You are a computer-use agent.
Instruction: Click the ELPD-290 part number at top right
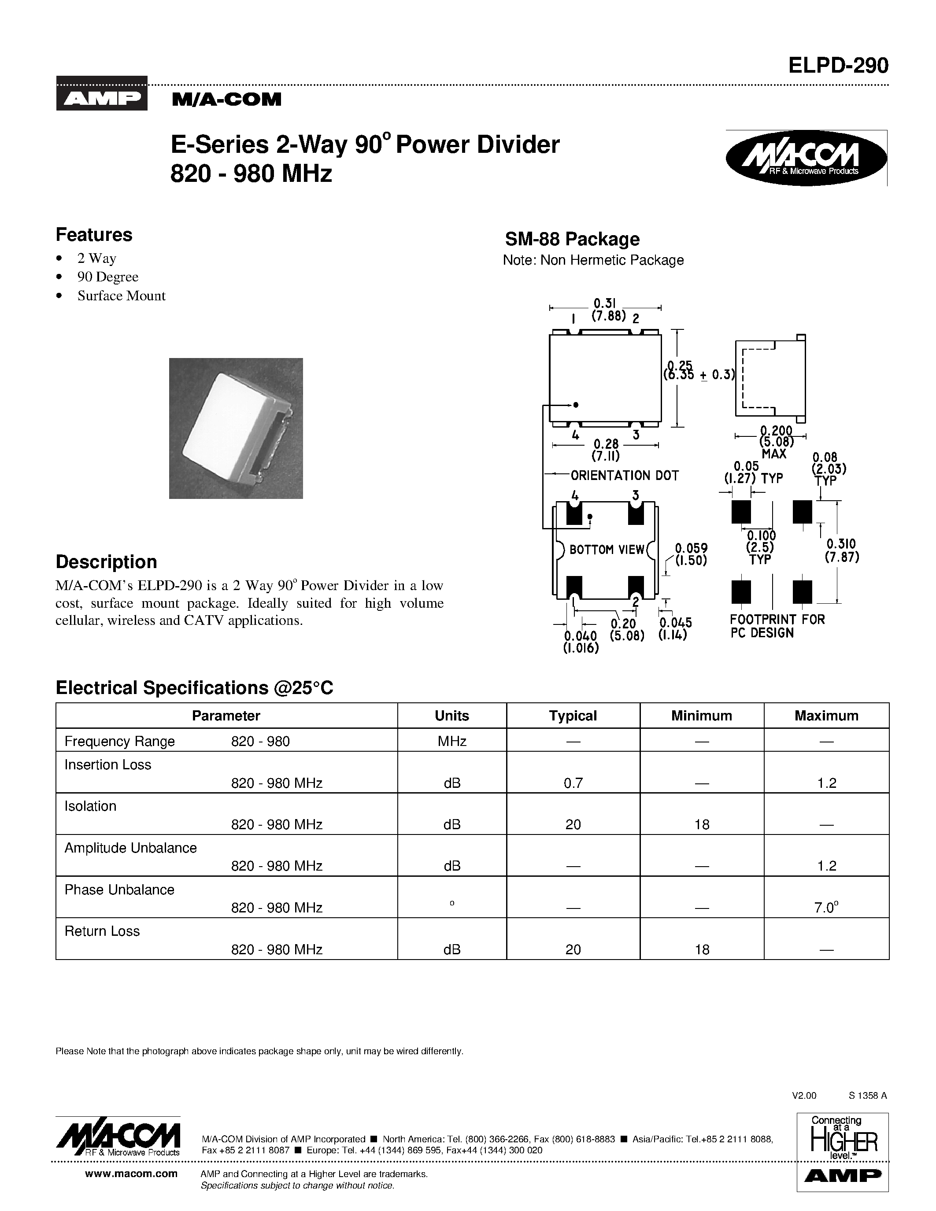[838, 66]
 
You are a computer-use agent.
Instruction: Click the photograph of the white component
[236, 428]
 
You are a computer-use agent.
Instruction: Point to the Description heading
[106, 562]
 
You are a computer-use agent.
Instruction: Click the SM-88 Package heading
[572, 239]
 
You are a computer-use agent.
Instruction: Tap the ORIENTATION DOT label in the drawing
[625, 475]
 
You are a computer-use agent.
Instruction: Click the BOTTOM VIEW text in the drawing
[607, 550]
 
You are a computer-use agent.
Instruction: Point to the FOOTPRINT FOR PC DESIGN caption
[777, 626]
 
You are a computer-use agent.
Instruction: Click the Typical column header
[573, 716]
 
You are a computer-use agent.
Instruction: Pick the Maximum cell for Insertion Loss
[826, 783]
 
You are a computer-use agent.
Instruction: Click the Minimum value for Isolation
[701, 824]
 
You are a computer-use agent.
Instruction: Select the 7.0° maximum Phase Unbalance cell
[826, 908]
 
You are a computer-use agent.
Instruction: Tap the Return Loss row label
[102, 931]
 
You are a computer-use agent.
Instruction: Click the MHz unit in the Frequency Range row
[451, 741]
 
